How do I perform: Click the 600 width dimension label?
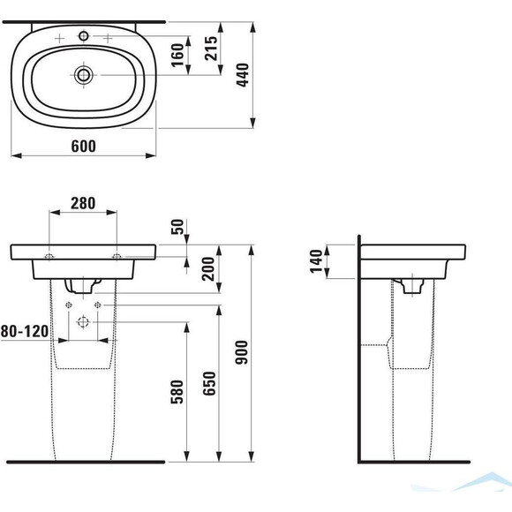point(84,146)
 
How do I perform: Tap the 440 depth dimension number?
point(243,75)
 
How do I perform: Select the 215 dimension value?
point(211,49)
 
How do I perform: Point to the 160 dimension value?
point(178,55)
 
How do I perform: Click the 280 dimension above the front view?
point(83,203)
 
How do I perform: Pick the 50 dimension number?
point(177,227)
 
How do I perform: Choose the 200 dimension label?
point(208,268)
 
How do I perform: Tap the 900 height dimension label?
point(242,352)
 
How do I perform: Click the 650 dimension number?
point(209,383)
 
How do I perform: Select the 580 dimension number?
point(177,392)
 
